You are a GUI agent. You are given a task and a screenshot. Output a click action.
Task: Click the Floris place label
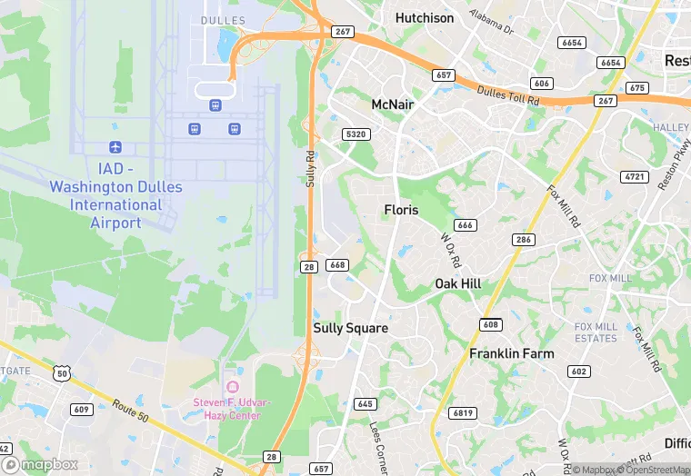pos(401,210)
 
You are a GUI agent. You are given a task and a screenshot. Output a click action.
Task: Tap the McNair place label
pos(393,104)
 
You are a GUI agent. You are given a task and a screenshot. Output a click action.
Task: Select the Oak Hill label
pos(457,283)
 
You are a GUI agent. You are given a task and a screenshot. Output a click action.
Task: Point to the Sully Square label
pos(350,328)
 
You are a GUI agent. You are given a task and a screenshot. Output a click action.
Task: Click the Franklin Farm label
pos(511,353)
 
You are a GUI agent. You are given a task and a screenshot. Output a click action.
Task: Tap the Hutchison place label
pos(425,17)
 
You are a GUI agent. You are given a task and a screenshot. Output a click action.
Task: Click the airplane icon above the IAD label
pos(115,146)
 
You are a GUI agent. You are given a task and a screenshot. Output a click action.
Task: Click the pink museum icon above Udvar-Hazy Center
pos(228,372)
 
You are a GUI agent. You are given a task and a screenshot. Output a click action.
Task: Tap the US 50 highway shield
pos(62,372)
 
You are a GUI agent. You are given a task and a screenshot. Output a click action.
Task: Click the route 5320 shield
pos(356,134)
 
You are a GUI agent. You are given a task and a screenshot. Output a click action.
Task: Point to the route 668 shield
pos(337,264)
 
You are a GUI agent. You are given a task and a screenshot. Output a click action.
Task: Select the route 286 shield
pos(522,240)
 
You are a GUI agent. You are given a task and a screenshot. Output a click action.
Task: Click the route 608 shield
pos(491,324)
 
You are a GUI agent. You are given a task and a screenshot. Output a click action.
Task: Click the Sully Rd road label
pos(309,169)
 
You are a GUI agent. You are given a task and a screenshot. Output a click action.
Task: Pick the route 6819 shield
pos(464,413)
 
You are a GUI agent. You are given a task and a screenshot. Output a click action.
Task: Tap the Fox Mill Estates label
pos(595,332)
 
